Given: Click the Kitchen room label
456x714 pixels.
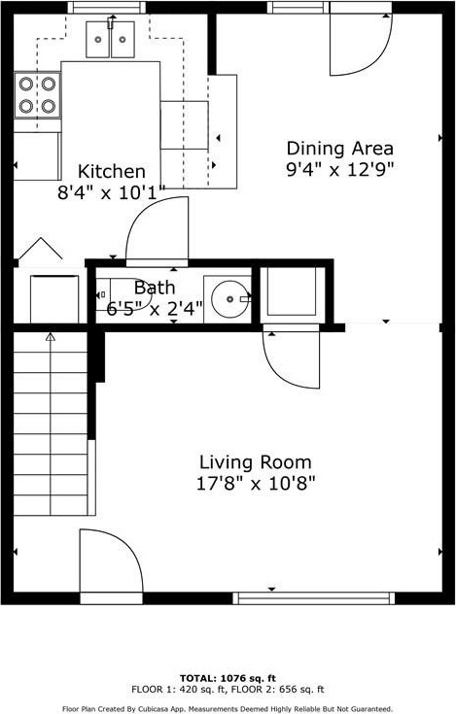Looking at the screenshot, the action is coord(112,172).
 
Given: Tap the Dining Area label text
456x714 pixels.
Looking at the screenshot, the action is coord(340,149).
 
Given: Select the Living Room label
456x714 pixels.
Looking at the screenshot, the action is coord(256,462).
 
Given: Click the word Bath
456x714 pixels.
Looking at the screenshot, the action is coord(155,288).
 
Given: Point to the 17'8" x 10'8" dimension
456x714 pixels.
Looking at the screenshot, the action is coord(256,483).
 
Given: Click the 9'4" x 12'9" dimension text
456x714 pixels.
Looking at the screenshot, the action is coord(340,170).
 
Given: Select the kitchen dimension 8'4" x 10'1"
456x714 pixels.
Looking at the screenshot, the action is coord(111,193).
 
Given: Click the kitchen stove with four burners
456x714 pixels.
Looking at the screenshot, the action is coord(37,95).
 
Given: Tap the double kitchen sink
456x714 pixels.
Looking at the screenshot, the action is coord(110,40).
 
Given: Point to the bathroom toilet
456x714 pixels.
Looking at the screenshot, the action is coord(123,294).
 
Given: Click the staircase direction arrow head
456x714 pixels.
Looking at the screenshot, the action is coord(51,337).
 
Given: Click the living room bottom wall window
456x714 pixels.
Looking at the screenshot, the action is coord(314,598).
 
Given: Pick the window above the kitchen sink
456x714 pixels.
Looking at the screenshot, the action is coord(107,8).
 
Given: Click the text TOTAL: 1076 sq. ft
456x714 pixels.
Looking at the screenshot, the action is coord(228,678).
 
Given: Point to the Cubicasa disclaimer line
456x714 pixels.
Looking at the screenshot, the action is coord(228,709).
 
